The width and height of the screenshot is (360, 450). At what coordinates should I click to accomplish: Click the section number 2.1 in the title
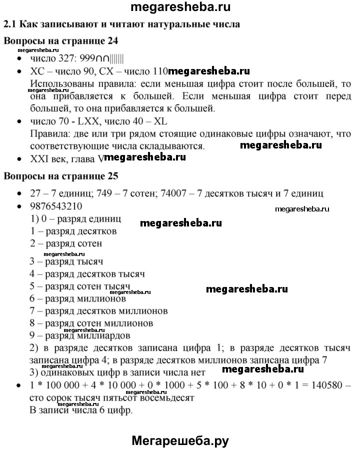10,23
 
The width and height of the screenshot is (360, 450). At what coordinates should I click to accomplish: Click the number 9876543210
56,206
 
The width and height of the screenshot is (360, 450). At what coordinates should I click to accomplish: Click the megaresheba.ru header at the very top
180,7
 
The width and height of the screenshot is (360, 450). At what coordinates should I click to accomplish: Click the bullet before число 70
19,122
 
